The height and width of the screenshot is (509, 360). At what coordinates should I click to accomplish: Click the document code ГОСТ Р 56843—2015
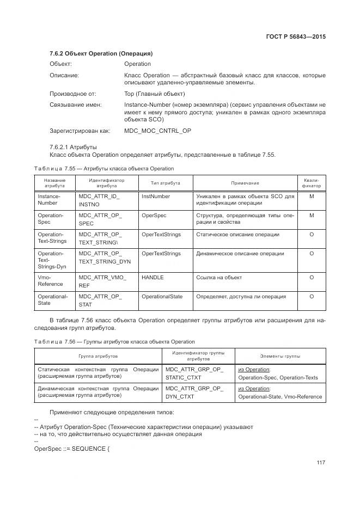[295, 38]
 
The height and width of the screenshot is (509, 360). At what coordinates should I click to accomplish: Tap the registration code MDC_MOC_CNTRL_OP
[157, 131]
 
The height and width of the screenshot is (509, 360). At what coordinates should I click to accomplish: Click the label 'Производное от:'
[73, 94]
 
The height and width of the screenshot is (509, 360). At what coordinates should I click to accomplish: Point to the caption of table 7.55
[104, 168]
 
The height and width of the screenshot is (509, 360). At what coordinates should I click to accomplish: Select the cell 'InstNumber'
[156, 196]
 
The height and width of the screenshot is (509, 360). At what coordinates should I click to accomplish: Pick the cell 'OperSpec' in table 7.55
[154, 215]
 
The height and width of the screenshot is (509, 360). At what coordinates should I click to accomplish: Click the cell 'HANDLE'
[152, 277]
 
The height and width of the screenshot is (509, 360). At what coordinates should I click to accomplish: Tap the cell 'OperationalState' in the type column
[162, 297]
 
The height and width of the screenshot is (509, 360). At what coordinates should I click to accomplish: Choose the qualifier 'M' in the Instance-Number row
[312, 196]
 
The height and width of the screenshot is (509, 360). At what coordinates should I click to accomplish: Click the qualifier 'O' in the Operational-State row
[312, 297]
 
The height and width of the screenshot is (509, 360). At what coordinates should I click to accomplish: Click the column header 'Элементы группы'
[280, 356]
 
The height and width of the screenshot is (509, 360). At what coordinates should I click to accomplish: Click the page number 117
[320, 462]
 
